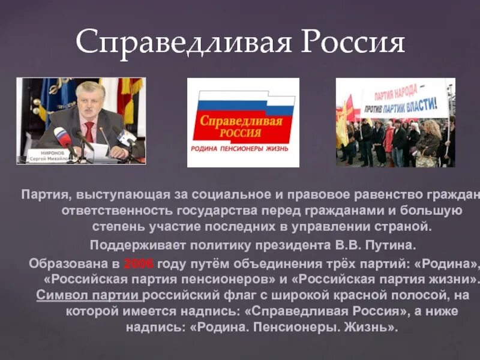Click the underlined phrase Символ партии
click(88, 295)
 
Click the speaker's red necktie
click(89, 131)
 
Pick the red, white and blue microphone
click(63, 137)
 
